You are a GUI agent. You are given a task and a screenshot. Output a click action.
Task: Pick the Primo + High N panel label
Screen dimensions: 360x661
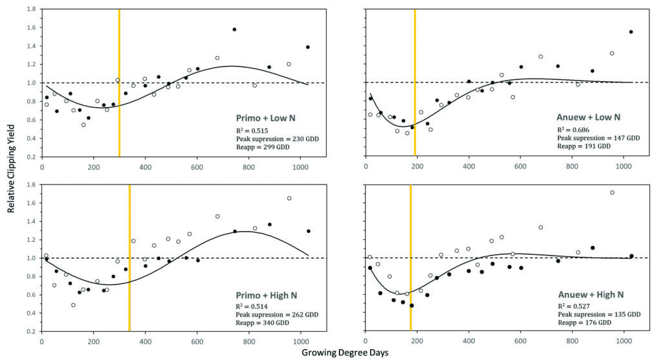266,294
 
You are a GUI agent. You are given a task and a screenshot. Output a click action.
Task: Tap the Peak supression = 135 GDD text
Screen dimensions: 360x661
600,314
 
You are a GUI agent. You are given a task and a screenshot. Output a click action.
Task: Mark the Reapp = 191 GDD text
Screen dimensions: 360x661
584,146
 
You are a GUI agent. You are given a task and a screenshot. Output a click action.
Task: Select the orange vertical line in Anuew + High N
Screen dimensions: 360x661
410,258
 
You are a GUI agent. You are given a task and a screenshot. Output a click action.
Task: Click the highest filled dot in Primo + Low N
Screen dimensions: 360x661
234,30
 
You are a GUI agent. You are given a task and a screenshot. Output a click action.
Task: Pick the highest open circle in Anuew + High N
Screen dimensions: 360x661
612,192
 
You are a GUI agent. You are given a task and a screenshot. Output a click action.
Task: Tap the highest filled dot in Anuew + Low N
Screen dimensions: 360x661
631,32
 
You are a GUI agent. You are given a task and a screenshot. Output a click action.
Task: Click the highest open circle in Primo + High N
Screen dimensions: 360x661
289,198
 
